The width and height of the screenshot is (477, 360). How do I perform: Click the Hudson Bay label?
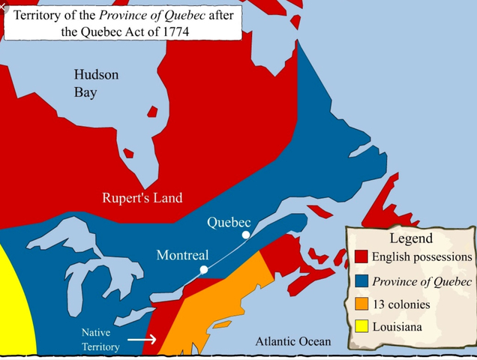[x=96, y=83]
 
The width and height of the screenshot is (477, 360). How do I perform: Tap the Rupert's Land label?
[x=142, y=199]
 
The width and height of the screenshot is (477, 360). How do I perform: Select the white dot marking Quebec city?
[x=245, y=235]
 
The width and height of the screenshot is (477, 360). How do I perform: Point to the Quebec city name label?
[x=228, y=223]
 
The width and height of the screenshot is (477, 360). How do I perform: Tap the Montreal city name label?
[x=182, y=255]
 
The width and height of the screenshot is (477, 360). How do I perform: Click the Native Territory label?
[x=102, y=338]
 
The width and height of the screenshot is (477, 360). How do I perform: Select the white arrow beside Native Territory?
[x=142, y=339]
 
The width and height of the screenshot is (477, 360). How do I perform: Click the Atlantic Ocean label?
[x=292, y=341]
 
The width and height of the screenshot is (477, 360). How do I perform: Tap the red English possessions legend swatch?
[x=361, y=257]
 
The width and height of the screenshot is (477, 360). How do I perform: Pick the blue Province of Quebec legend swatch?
[x=361, y=281]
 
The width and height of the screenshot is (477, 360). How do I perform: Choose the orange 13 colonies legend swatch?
[x=361, y=304]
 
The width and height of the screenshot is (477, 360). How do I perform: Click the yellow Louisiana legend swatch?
[x=361, y=327]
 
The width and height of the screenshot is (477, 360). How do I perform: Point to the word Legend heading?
[x=411, y=238]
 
